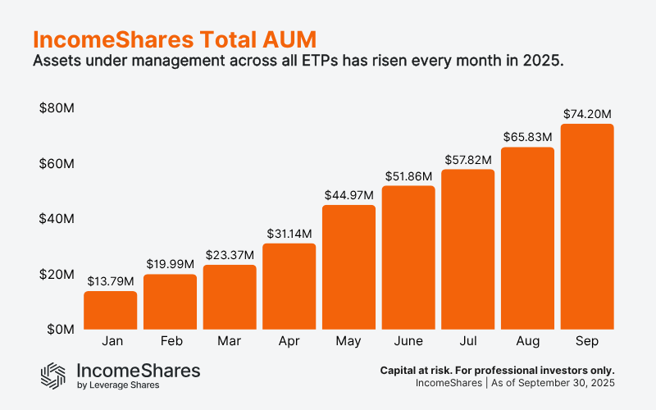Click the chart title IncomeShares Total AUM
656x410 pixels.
click(x=173, y=39)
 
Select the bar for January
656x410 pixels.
click(x=110, y=310)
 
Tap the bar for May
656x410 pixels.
click(x=348, y=266)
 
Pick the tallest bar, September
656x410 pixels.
click(x=587, y=226)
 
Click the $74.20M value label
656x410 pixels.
click(x=587, y=114)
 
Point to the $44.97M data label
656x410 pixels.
click(x=348, y=194)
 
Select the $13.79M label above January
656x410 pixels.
click(x=110, y=281)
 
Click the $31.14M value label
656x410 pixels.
click(x=289, y=234)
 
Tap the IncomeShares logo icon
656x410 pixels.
click(x=54, y=375)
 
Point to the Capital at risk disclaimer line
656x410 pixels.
click(x=497, y=370)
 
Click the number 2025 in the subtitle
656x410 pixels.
click(x=546, y=62)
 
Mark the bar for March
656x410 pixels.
click(x=230, y=297)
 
